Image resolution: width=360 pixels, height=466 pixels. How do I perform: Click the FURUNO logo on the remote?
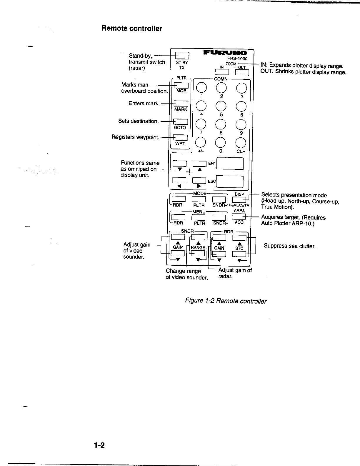(x=226, y=53)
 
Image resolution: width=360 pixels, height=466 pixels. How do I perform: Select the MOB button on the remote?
(x=181, y=85)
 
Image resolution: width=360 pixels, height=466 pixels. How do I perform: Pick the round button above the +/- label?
(x=201, y=143)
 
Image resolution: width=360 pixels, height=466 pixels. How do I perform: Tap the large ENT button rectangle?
(x=230, y=164)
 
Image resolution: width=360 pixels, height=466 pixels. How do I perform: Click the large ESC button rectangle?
(x=230, y=182)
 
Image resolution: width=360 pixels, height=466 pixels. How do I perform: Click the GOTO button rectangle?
(x=181, y=122)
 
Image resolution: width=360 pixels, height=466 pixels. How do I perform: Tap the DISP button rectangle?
(x=239, y=200)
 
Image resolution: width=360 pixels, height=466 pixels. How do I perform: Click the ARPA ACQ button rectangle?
(x=239, y=217)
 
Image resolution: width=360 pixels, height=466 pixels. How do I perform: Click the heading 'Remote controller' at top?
(x=132, y=29)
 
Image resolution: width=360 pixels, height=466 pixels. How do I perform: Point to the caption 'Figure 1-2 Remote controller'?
(x=225, y=301)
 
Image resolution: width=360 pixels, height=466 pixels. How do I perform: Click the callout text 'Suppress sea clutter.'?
(x=289, y=246)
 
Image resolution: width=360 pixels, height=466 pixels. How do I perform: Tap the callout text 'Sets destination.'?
(x=138, y=121)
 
